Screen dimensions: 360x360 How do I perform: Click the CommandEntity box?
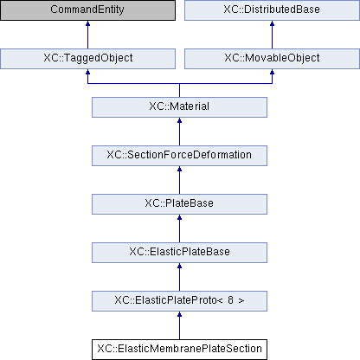click(x=87, y=10)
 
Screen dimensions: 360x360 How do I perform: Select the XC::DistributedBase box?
click(x=272, y=10)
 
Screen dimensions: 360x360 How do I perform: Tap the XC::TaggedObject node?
click(x=87, y=59)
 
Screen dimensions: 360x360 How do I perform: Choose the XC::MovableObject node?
click(x=272, y=59)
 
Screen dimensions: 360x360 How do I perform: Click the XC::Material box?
click(x=179, y=107)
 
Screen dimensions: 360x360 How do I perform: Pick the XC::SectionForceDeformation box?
click(x=179, y=156)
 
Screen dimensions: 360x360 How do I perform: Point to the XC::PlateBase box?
click(x=179, y=204)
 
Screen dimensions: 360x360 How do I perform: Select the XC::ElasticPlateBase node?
click(x=179, y=253)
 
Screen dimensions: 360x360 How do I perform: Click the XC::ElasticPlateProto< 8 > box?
click(x=179, y=301)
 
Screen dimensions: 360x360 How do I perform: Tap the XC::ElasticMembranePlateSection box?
click(x=179, y=350)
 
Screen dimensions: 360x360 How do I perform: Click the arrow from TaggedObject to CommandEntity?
click(x=87, y=35)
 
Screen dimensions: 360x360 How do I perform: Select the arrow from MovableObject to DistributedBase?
click(x=272, y=35)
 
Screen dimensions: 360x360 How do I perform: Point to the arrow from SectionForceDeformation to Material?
click(x=179, y=132)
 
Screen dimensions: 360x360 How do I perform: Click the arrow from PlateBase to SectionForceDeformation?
click(x=179, y=180)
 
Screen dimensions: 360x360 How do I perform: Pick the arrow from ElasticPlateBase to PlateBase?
click(x=179, y=228)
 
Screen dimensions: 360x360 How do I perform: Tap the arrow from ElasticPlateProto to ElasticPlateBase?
click(x=179, y=277)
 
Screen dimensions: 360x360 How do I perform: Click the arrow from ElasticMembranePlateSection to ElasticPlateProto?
click(x=179, y=325)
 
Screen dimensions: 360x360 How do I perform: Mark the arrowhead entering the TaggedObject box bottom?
click(x=87, y=72)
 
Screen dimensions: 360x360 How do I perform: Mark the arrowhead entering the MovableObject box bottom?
click(x=272, y=72)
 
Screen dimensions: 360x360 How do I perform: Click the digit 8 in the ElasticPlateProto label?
click(x=230, y=300)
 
